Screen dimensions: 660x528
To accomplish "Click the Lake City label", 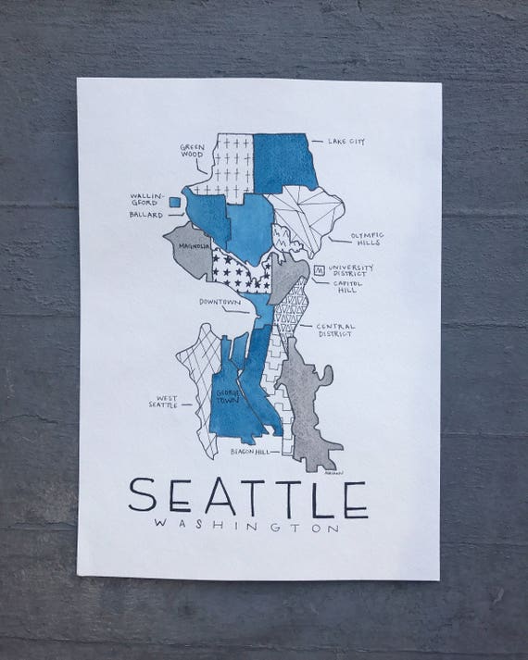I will (x=346, y=143).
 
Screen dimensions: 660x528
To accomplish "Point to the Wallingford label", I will (x=151, y=199).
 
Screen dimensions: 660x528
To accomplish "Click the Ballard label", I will (x=146, y=216).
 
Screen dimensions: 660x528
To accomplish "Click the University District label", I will (x=351, y=270).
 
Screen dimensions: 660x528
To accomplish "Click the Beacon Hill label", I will (x=251, y=452).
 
